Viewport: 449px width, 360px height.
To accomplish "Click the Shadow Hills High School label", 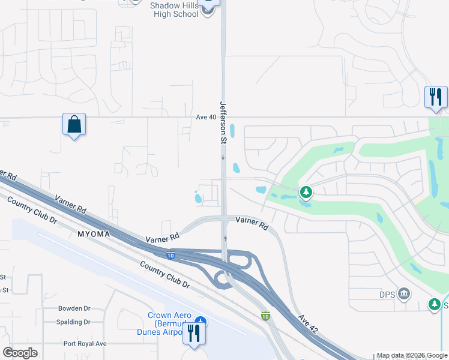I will [x=173, y=10].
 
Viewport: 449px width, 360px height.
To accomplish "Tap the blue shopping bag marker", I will [x=74, y=125].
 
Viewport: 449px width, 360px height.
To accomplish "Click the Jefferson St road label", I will [x=223, y=123].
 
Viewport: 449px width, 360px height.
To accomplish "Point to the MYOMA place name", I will [x=93, y=233].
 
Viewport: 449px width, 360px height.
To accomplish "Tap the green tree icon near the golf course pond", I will [x=307, y=192].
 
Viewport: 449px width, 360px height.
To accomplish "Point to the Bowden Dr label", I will [x=74, y=308].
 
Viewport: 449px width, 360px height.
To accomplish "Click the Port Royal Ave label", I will [x=85, y=344].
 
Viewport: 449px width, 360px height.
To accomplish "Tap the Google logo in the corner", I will [x=20, y=353].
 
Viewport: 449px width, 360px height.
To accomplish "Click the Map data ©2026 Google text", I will [x=412, y=356].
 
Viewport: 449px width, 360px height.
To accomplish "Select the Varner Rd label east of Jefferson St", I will [x=252, y=223].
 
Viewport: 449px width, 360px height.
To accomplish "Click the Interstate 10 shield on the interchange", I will [x=170, y=255].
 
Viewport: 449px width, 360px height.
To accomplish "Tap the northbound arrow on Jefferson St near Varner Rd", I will [x=225, y=238].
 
